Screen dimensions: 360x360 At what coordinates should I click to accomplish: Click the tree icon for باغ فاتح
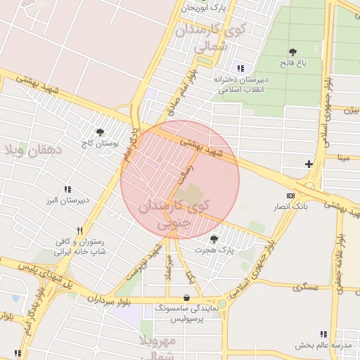click(292, 52)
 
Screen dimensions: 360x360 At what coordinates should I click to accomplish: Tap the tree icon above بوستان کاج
click(101, 131)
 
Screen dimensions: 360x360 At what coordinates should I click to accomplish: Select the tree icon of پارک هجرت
click(214, 239)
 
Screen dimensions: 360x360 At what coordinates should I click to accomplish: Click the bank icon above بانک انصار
click(290, 195)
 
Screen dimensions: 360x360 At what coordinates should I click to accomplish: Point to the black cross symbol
click(309, 164)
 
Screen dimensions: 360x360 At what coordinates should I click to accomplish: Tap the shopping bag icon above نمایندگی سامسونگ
click(186, 297)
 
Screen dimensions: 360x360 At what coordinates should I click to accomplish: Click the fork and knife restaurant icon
click(80, 231)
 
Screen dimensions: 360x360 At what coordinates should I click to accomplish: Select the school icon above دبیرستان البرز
click(67, 189)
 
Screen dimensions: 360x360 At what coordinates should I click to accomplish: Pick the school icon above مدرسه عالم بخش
click(323, 334)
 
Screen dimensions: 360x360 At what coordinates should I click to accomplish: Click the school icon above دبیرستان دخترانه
click(240, 68)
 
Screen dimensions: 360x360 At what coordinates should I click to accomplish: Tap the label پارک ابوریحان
click(205, 8)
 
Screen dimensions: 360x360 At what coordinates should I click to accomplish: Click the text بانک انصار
click(291, 206)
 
